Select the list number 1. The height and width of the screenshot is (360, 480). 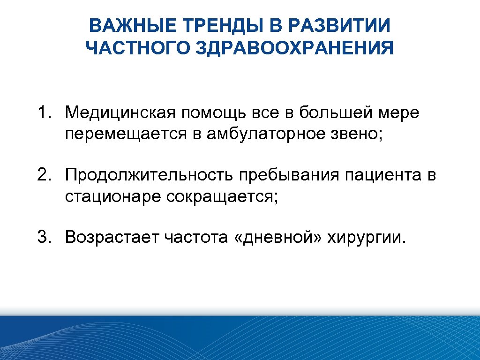[45, 112]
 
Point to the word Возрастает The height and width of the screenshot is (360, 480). [112, 238]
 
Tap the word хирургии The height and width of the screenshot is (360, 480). [364, 238]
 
